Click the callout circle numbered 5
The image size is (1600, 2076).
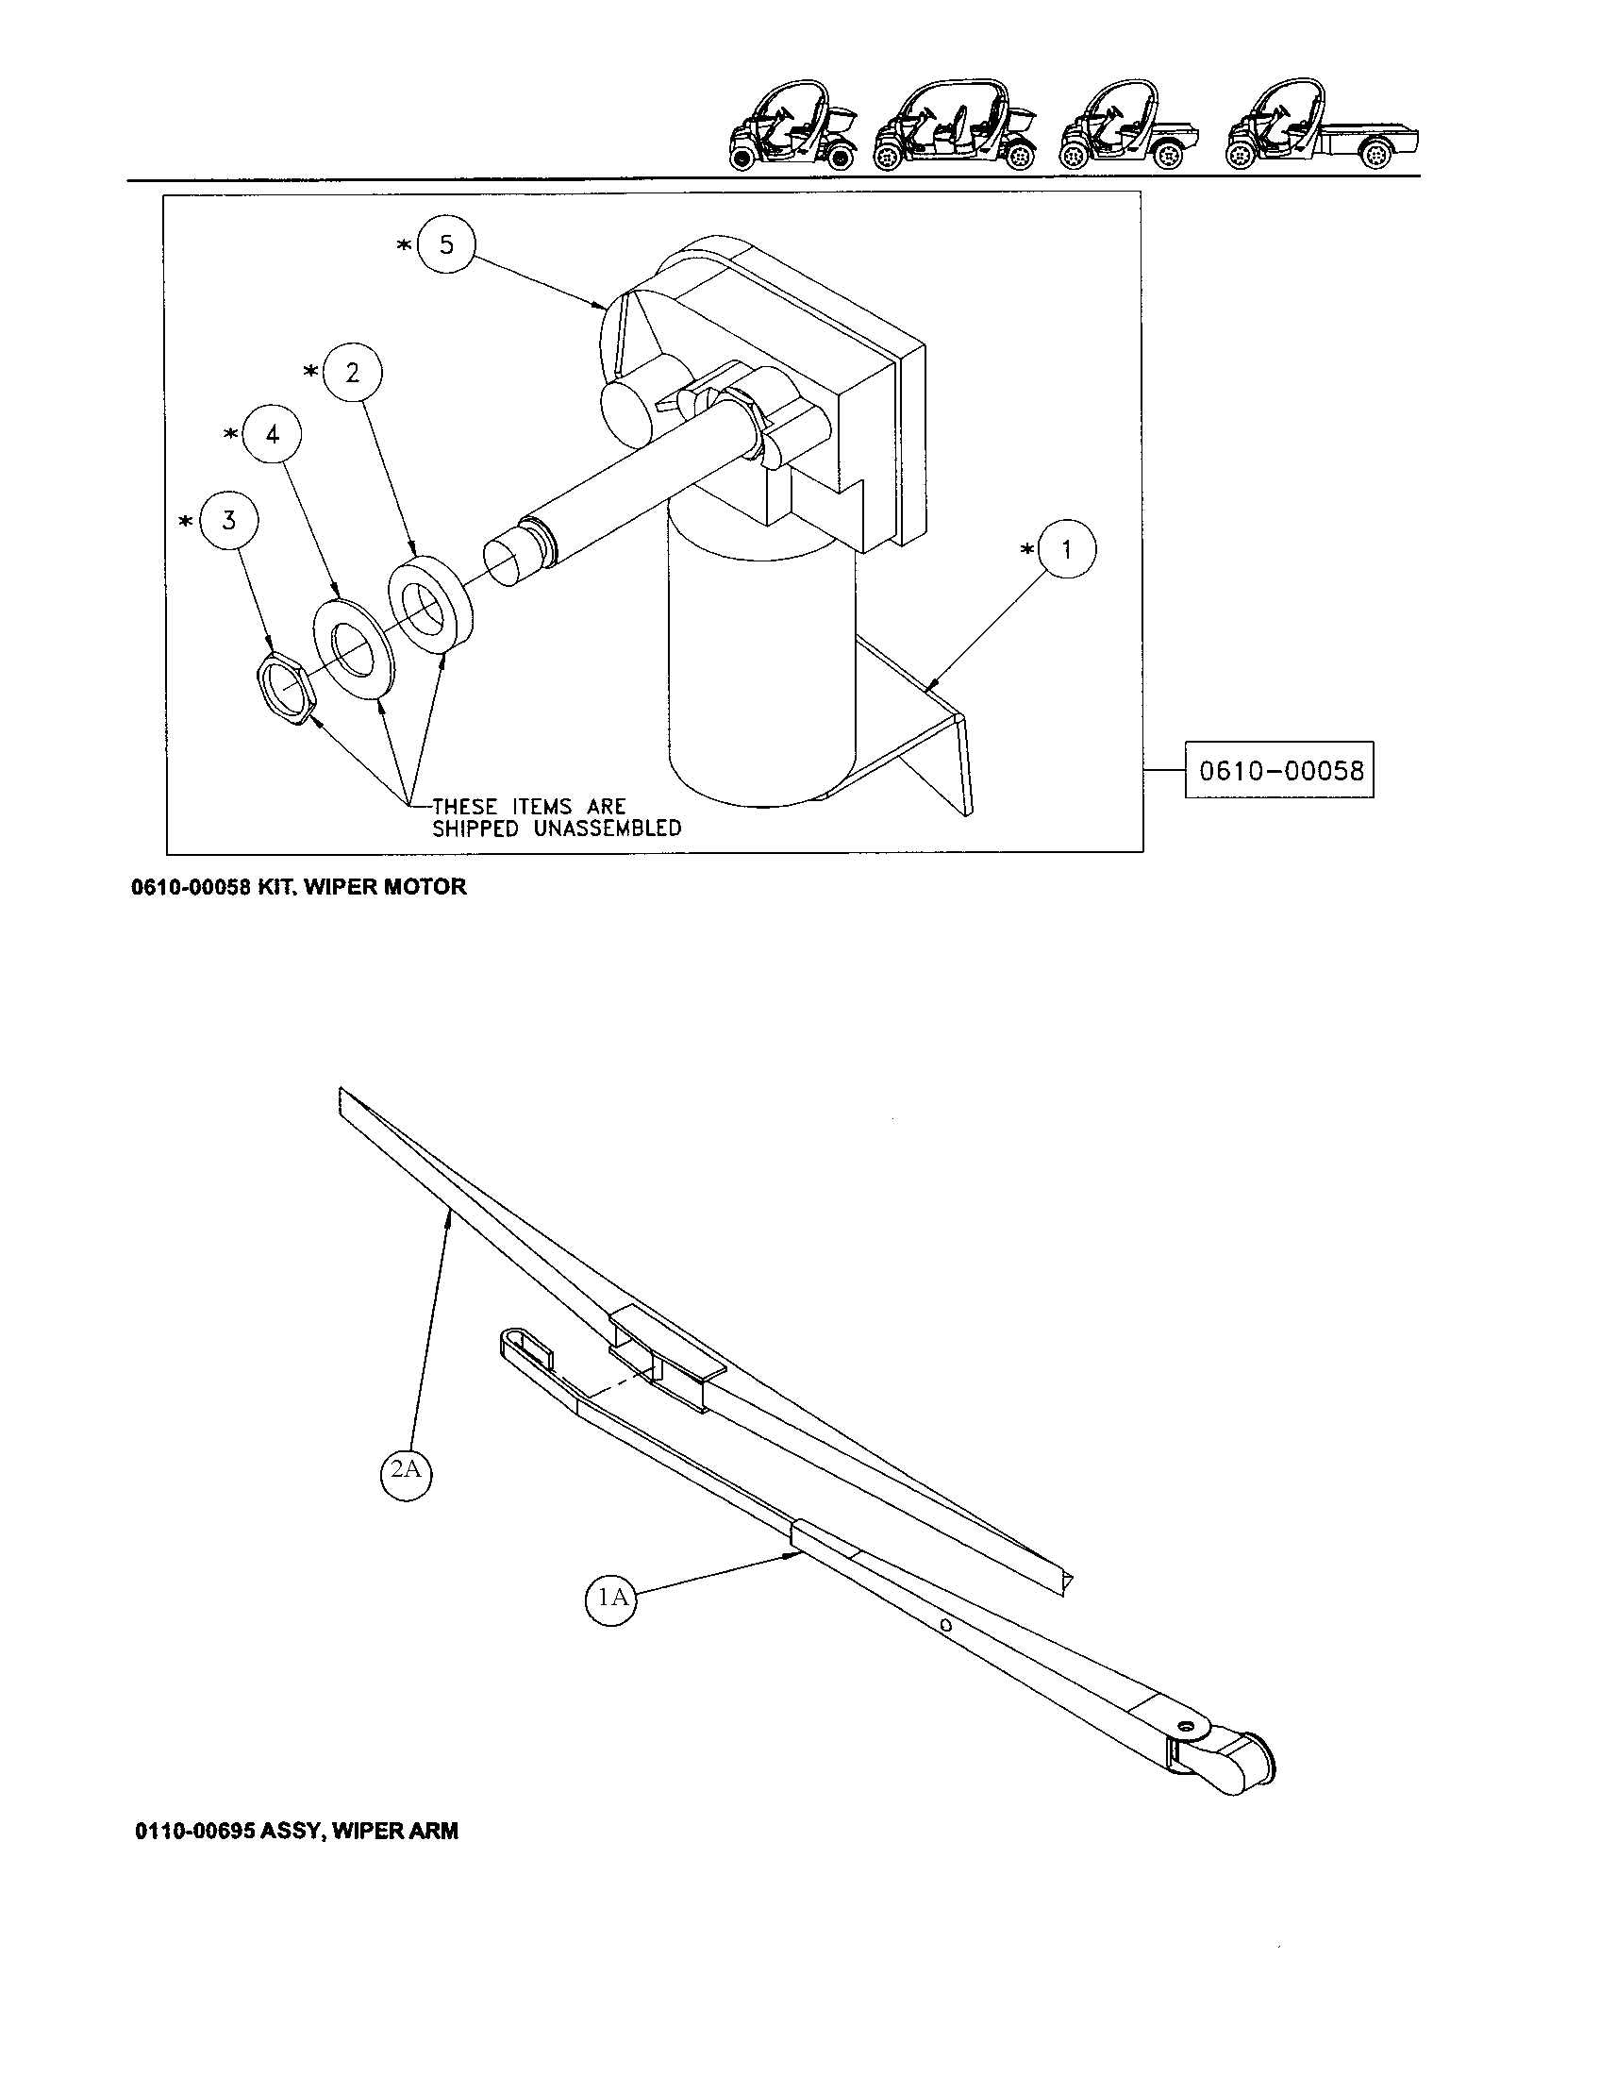point(445,245)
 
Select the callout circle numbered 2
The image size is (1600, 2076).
point(353,373)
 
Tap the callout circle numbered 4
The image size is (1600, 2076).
point(273,435)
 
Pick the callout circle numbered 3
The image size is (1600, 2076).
point(229,521)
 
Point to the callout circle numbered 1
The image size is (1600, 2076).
point(1066,549)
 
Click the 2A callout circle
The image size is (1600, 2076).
point(406,1468)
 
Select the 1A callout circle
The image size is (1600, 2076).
point(610,1597)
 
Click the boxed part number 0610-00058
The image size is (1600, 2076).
point(1280,769)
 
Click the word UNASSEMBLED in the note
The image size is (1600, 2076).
point(601,829)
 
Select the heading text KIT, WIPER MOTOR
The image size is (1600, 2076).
point(362,887)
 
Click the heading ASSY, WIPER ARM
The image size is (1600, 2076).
point(359,1830)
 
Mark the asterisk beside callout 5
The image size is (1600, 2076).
point(405,245)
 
